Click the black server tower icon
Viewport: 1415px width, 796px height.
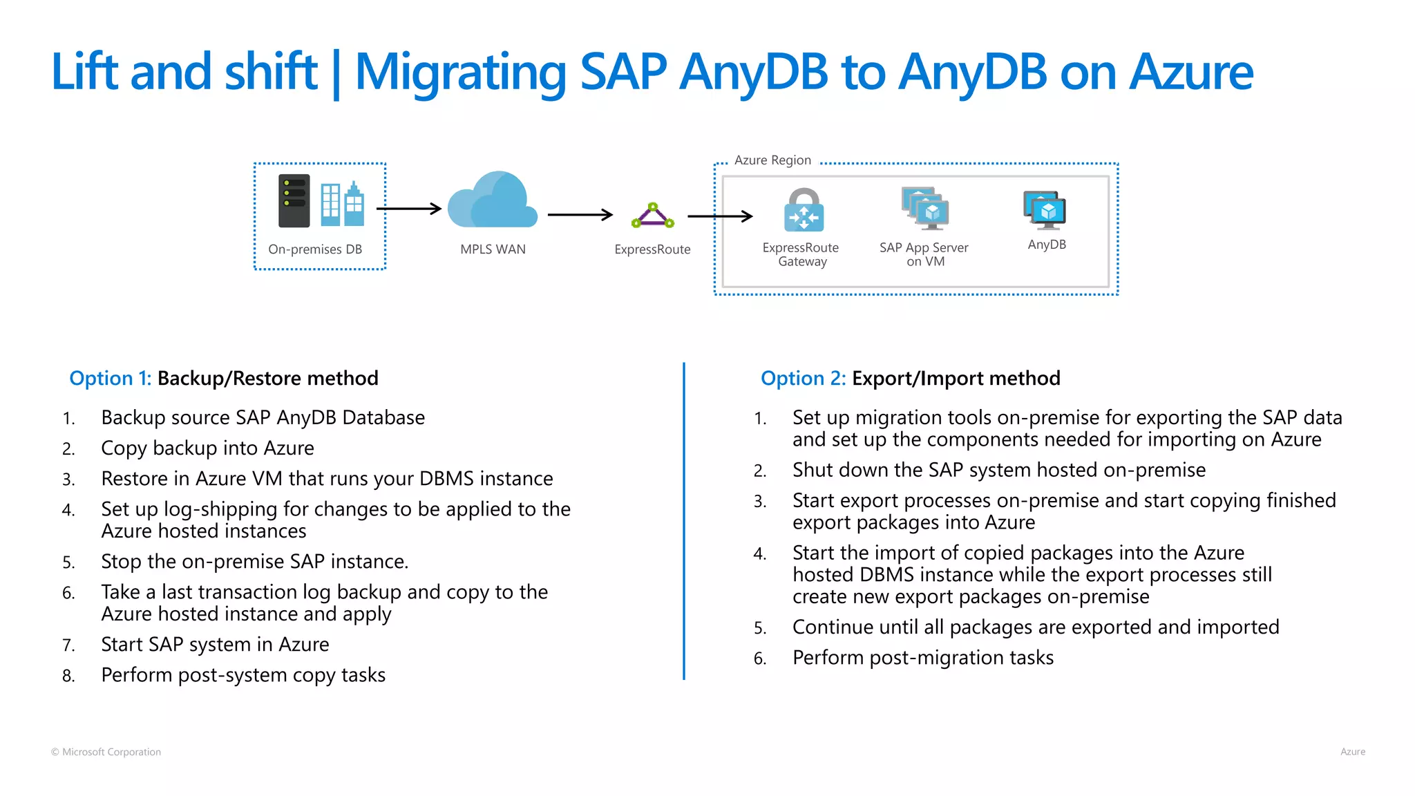[294, 201]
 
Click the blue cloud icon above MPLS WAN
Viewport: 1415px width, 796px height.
[492, 202]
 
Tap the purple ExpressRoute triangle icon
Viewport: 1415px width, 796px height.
[652, 216]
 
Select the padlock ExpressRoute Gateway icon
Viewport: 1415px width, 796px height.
[804, 210]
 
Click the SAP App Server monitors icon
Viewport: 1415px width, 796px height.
[925, 208]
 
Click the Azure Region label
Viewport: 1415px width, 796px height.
[772, 160]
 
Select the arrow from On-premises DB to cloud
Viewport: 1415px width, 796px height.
[408, 209]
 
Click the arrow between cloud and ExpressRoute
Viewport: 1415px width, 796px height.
[580, 215]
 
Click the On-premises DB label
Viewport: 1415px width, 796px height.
[315, 249]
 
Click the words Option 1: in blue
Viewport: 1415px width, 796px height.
[110, 378]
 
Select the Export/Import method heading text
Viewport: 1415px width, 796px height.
[956, 378]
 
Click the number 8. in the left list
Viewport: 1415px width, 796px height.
[68, 676]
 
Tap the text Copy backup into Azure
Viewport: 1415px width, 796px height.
[207, 448]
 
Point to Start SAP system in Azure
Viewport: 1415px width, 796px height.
[215, 644]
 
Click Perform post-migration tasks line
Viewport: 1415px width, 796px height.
[922, 657]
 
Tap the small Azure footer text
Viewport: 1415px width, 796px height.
[1352, 752]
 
